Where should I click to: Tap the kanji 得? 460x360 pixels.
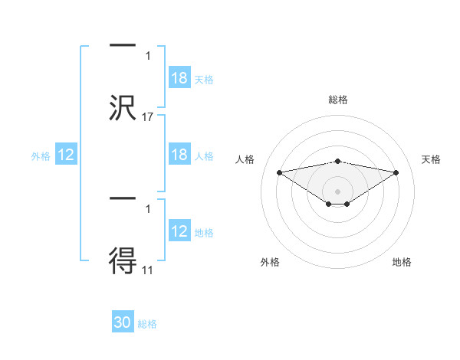pyautogui.click(x=123, y=260)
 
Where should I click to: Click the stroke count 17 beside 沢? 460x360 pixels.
pyautogui.click(x=149, y=116)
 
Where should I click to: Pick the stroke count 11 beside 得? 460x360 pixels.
pyautogui.click(x=148, y=270)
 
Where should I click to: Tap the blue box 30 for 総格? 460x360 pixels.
pyautogui.click(x=123, y=322)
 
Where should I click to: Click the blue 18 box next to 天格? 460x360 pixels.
pyautogui.click(x=179, y=78)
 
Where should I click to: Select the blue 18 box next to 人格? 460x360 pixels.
pyautogui.click(x=179, y=155)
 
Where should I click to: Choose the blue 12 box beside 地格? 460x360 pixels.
pyautogui.click(x=179, y=231)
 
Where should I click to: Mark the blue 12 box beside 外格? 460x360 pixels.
pyautogui.click(x=66, y=155)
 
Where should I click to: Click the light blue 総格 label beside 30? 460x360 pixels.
pyautogui.click(x=147, y=324)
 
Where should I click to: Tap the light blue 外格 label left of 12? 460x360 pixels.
pyautogui.click(x=41, y=155)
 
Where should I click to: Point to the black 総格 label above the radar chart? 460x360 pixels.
pyautogui.click(x=337, y=100)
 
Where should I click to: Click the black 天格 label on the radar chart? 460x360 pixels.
pyautogui.click(x=431, y=159)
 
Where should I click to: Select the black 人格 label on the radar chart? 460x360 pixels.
pyautogui.click(x=245, y=159)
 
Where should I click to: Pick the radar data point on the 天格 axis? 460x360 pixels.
pyautogui.click(x=396, y=172)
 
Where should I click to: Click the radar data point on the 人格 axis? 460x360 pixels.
pyautogui.click(x=280, y=172)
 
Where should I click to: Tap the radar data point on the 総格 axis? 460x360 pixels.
pyautogui.click(x=338, y=161)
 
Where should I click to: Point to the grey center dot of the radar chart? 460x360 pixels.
pyautogui.click(x=338, y=191)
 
